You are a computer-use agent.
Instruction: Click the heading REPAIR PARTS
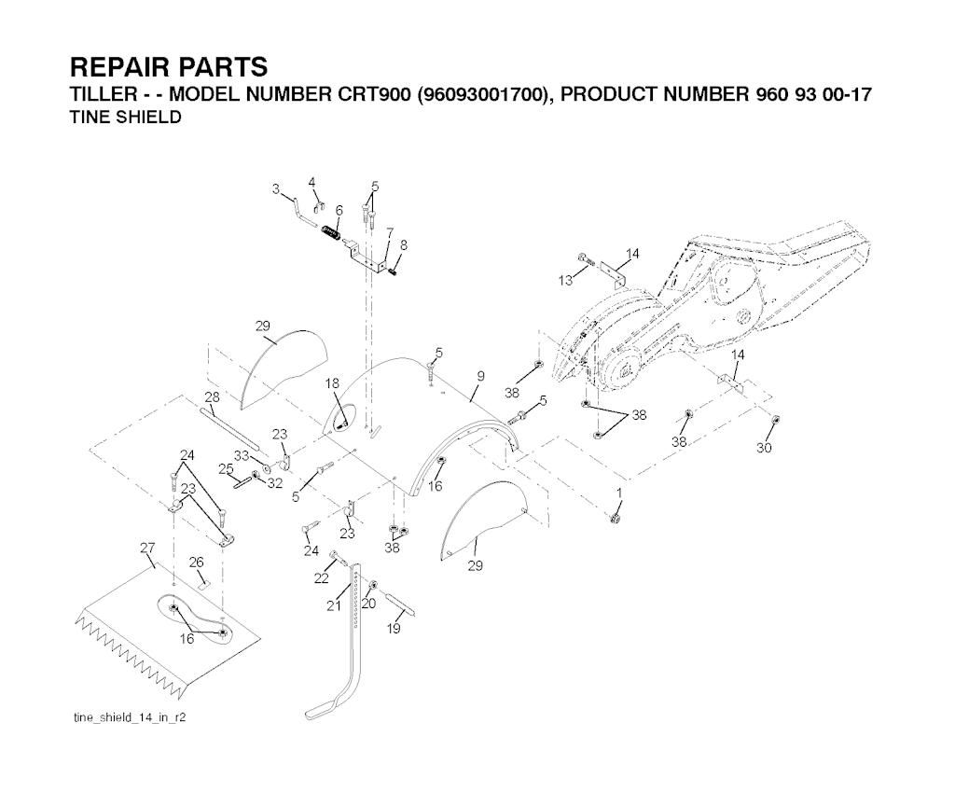(x=169, y=68)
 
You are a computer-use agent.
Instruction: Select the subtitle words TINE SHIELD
(x=126, y=118)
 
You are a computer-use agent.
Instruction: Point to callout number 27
(x=147, y=549)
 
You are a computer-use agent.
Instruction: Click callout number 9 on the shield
(x=480, y=376)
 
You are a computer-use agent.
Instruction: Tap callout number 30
(x=764, y=448)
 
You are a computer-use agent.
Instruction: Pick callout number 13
(x=565, y=280)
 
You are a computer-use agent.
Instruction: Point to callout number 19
(x=394, y=630)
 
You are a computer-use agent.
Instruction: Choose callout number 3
(x=276, y=188)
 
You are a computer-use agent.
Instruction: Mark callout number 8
(x=403, y=244)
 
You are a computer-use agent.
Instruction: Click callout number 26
(x=196, y=562)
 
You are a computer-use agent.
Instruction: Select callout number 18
(x=332, y=383)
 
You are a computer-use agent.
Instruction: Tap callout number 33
(x=241, y=455)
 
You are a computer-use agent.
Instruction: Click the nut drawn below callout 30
(x=777, y=420)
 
